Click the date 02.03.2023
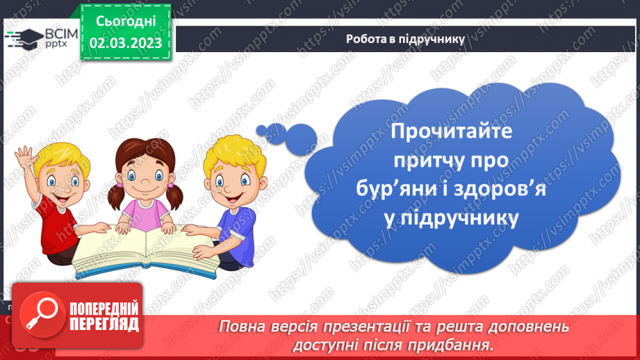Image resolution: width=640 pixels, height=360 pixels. point(125,43)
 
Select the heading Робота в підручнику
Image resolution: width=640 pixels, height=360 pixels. point(405,39)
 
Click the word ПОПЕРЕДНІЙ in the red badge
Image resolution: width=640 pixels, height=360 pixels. point(103,309)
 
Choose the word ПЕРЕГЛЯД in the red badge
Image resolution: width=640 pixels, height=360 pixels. point(103,324)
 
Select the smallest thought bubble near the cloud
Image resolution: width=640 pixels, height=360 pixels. point(261,129)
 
